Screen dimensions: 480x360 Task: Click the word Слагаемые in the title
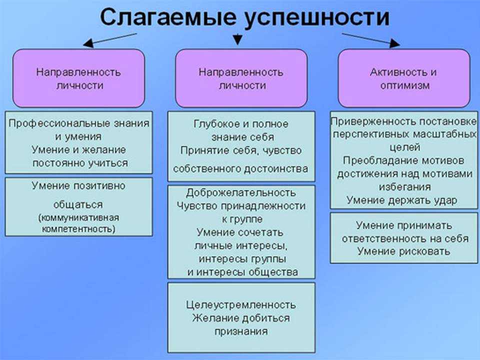tap(168, 17)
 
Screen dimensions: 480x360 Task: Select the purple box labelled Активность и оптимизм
tap(404, 78)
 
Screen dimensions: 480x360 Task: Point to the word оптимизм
tap(404, 85)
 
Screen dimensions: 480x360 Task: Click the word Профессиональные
tap(59, 123)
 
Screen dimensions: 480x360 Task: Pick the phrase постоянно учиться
tap(80, 163)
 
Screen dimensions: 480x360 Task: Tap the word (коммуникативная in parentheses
tap(78, 218)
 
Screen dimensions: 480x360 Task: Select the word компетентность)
tap(78, 229)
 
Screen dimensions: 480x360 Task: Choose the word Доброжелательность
tap(241, 193)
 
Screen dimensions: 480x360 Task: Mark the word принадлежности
tap(263, 206)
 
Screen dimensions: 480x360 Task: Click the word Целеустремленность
tap(241, 305)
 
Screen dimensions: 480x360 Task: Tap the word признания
tap(241, 331)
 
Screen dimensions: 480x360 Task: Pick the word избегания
tap(404, 186)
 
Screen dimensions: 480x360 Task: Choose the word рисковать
tap(423, 251)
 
